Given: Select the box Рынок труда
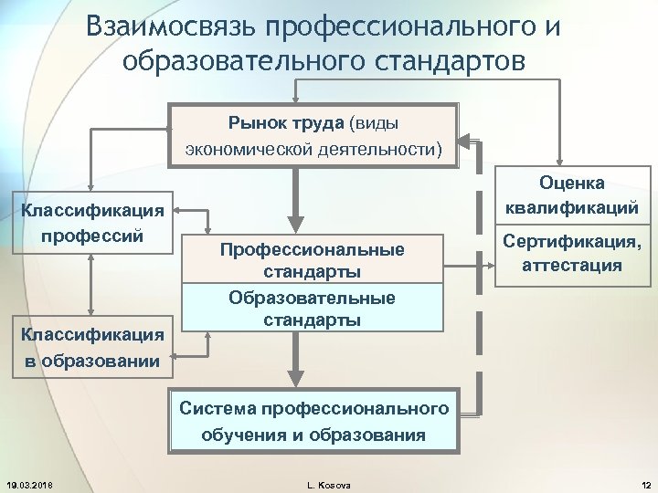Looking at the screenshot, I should pyautogui.click(x=313, y=134).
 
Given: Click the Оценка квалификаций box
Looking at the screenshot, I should pyautogui.click(x=572, y=195).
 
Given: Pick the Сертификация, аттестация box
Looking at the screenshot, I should pyautogui.click(x=572, y=254).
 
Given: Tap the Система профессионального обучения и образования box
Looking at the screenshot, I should pyautogui.click(x=314, y=421).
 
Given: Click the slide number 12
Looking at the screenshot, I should pyautogui.click(x=644, y=484).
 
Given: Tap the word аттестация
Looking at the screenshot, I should pyautogui.click(x=572, y=266).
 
